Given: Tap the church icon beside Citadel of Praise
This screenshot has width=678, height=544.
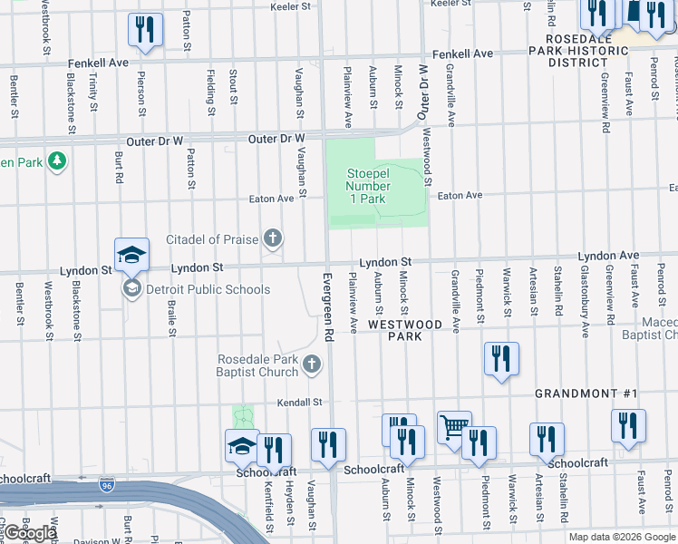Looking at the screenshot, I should click(x=272, y=239).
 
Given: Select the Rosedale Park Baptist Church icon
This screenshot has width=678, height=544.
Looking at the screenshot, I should click(x=312, y=364).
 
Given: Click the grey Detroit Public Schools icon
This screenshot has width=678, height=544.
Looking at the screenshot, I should click(x=131, y=289).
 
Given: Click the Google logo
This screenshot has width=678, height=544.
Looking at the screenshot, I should click(x=30, y=532).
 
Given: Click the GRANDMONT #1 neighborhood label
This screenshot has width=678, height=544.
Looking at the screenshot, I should click(x=586, y=393).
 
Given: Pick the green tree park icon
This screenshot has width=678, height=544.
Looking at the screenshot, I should click(x=57, y=161).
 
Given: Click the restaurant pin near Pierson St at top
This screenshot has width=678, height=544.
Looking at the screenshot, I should click(x=144, y=29).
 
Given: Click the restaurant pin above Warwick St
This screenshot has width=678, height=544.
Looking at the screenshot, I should click(x=500, y=359).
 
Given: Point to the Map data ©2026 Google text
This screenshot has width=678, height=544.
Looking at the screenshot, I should click(x=621, y=536).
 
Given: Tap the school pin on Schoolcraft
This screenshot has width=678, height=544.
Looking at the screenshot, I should click(x=242, y=446).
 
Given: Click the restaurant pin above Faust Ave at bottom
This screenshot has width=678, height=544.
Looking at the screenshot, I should click(x=628, y=426).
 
